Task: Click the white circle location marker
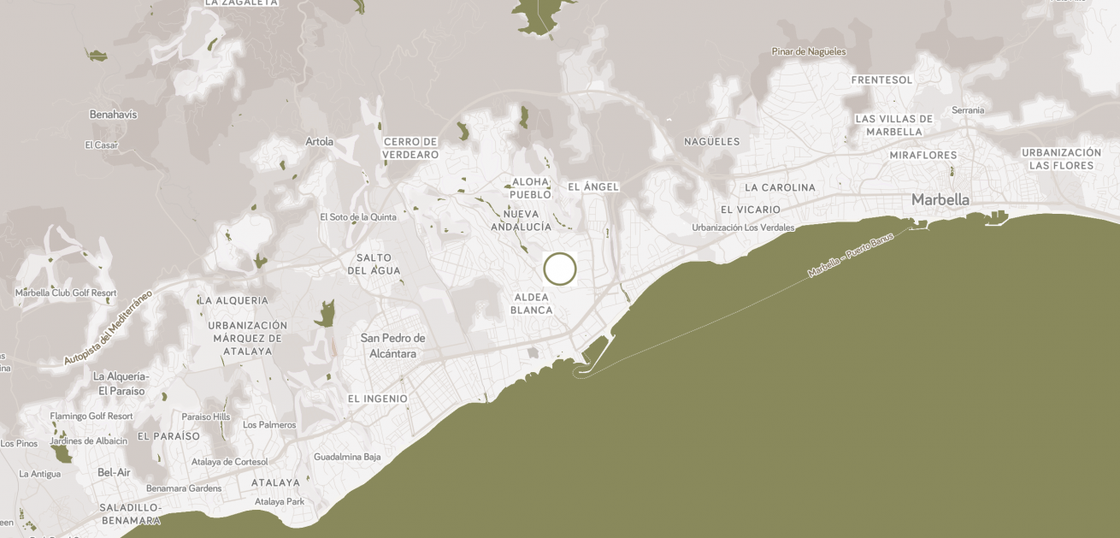pos(560,269)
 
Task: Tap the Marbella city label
pos(940,199)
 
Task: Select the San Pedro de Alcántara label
pos(392,345)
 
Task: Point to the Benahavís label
pos(113,114)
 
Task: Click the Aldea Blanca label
pos(532,304)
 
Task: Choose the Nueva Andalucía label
pos(521,220)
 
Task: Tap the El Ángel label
pos(592,186)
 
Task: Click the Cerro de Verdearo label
pos(410,148)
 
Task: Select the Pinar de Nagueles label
pos(808,51)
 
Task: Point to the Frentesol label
pos(882,80)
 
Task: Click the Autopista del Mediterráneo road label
pos(108,328)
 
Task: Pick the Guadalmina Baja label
pos(347,457)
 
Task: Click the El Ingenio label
pos(378,399)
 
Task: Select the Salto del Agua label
pos(374,264)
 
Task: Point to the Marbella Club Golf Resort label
pos(66,293)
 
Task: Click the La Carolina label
pos(780,187)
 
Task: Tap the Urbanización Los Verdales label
pos(743,228)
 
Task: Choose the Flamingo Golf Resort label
pos(91,416)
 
